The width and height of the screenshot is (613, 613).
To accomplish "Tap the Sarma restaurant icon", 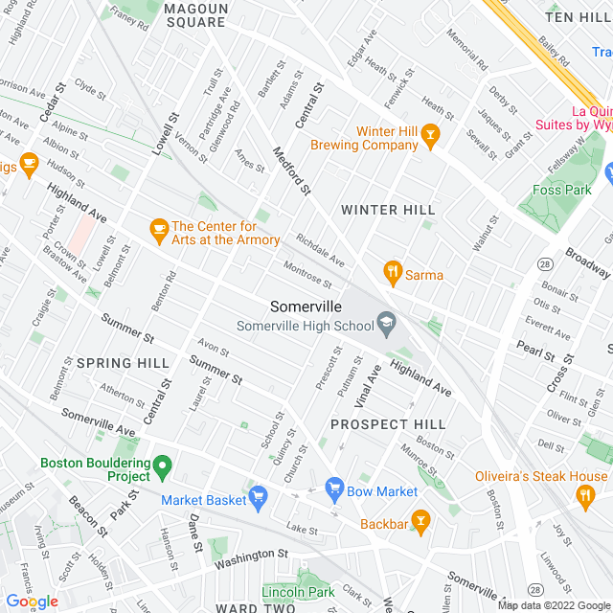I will pos(392,274).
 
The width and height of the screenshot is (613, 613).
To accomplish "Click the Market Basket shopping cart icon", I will pos(258,496).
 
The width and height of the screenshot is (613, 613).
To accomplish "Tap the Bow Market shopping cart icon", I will pos(334,490).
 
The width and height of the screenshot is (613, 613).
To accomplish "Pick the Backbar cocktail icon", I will pos(420,521).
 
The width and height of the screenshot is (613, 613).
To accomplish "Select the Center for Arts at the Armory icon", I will pos(159,229).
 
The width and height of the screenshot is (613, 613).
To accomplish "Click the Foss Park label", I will pos(561,189).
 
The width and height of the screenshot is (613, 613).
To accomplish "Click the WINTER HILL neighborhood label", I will pos(388,210).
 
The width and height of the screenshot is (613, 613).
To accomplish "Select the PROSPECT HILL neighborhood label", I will pos(388,423).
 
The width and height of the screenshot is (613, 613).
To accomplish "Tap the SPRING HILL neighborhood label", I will pos(123,363).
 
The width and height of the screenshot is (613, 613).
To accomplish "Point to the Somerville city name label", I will pos(306,306).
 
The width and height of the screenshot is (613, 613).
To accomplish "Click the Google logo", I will pos(32,601).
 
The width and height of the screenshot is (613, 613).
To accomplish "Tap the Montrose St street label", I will pos(307,274).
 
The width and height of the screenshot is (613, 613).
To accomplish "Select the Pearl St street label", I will pos(536,349).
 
